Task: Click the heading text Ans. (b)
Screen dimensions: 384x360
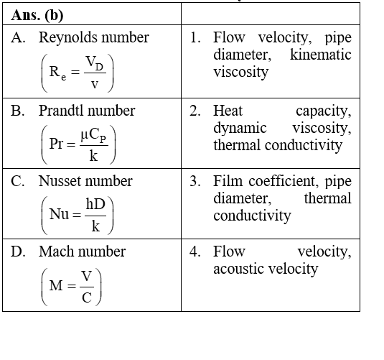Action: pos(37,15)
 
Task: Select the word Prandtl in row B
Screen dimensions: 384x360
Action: pos(62,111)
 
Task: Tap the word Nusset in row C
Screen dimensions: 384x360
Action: pos(60,181)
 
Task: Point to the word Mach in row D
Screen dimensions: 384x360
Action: pos(57,251)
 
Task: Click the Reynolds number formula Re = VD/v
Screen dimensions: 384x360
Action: pos(77,73)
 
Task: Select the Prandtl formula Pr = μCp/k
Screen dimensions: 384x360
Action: pos(78,144)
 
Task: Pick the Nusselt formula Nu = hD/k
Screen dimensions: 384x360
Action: pos(77,215)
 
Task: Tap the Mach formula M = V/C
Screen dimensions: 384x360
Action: pos(71,287)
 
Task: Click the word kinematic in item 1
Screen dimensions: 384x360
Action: pos(321,55)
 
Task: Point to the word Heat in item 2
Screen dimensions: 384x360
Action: pos(228,111)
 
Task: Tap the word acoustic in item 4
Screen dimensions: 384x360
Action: pos(239,269)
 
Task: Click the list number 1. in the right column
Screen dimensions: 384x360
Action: pos(195,38)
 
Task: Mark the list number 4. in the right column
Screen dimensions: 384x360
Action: pos(195,251)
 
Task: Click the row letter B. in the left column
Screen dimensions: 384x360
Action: pos(17,111)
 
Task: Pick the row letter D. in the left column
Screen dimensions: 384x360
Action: pos(18,251)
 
